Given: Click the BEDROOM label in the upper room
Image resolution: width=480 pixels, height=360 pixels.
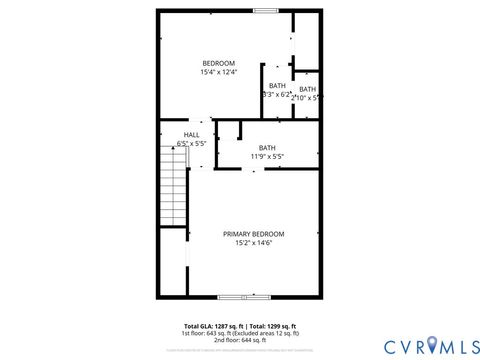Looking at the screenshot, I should pos(218,63).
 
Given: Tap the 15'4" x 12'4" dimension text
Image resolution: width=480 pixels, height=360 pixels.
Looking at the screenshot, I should pos(218,73).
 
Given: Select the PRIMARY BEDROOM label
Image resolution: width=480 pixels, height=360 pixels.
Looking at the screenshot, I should pos(252,233).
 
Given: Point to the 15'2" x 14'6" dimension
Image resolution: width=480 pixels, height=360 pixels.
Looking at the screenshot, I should pos(252,243).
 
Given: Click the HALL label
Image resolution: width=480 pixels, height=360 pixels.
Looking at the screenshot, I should pos(191,134).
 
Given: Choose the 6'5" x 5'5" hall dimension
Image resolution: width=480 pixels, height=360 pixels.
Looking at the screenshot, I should pos(191,144).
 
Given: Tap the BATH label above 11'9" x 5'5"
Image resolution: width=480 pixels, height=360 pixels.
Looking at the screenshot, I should pos(267,147).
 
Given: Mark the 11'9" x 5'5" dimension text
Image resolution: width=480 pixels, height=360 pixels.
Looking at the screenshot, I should pos(267,156).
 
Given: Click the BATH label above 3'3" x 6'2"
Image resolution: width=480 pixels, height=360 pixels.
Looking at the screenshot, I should pos(277,85).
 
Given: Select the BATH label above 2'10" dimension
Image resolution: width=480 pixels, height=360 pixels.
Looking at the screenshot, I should pos(307,89).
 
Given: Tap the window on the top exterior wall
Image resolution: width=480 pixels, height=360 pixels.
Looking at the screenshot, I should pos(265,11).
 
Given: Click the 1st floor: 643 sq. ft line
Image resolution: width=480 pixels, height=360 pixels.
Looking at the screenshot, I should pos(240,333).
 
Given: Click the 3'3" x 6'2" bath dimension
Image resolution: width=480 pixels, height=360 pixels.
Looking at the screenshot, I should pos(276,95).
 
